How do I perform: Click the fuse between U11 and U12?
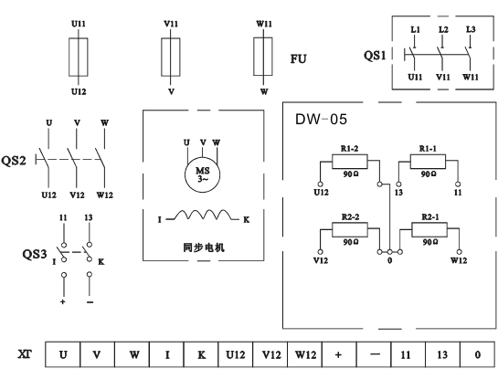pos(79,58)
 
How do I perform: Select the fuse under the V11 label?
pos(171,58)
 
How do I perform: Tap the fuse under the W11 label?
pos(263,57)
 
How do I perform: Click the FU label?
pos(298,59)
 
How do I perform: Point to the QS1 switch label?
pos(375,56)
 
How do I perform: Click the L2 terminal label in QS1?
pos(443,29)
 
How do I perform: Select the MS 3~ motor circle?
pos(202,174)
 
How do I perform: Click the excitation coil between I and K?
pos(203,215)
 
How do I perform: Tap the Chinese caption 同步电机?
pos(204,248)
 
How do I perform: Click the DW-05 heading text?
pos(321,120)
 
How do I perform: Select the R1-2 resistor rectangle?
pos(350,162)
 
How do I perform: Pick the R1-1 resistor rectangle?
pos(428,162)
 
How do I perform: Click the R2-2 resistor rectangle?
pos(350,229)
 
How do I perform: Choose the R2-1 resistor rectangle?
pos(429,229)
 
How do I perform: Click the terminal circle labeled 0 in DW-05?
pos(389,252)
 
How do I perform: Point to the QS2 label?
pos(14,161)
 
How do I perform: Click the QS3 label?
pos(35,254)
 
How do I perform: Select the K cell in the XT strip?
pos(201,354)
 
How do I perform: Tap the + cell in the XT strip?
pos(339,354)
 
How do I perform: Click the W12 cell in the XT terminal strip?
pos(305,354)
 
